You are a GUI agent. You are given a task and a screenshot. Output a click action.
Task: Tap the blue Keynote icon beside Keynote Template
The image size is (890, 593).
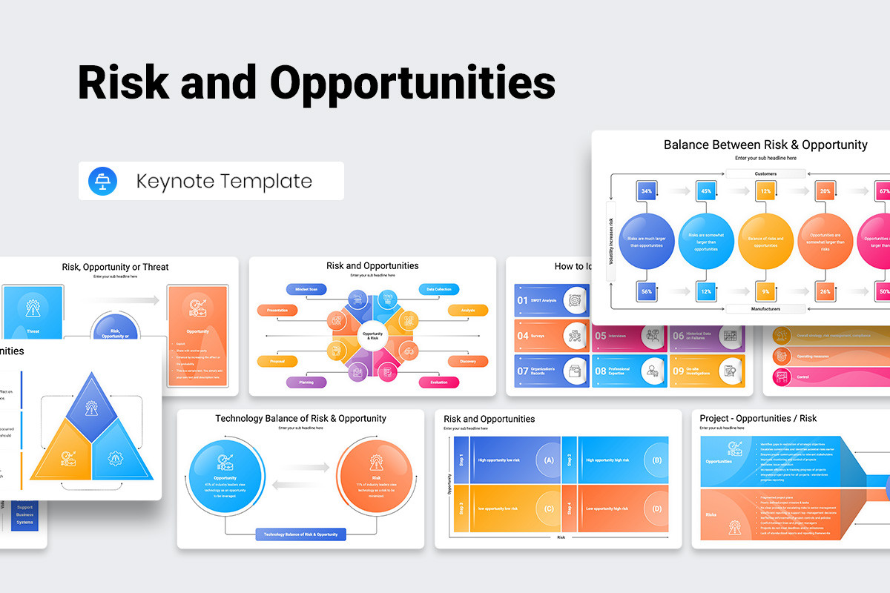102,181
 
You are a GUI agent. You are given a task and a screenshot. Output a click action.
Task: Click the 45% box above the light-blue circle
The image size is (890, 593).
706,191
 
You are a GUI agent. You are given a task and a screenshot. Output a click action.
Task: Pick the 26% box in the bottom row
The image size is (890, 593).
825,291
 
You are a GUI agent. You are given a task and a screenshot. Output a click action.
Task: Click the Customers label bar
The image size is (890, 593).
765,174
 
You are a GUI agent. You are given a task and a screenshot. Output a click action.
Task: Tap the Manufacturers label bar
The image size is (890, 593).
765,308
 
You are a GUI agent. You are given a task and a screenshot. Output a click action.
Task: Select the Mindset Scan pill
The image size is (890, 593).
306,289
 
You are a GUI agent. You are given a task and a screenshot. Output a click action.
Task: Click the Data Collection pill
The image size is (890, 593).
438,289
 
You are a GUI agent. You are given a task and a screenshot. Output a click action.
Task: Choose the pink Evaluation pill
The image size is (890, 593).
438,382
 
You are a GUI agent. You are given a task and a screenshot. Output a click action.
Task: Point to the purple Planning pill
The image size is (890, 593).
306,382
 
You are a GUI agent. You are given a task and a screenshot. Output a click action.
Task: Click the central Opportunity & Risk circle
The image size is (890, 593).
372,336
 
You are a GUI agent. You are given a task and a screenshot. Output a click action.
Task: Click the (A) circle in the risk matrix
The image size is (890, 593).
549,460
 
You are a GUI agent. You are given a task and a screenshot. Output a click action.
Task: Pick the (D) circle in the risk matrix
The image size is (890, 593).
656,508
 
